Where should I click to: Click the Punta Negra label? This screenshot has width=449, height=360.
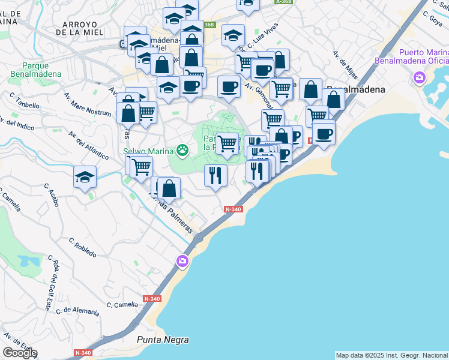pyautogui.click(x=163, y=340)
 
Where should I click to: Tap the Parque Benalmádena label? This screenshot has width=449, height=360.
pyautogui.click(x=35, y=70)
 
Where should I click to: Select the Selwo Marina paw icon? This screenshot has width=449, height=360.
pyautogui.click(x=182, y=150)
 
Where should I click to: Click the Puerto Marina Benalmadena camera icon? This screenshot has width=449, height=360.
pyautogui.click(x=419, y=78)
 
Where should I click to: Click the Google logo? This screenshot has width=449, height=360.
pyautogui.click(x=20, y=353)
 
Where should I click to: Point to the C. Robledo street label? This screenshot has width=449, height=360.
pyautogui.click(x=82, y=248)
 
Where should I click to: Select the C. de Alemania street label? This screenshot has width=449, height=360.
pyautogui.click(x=77, y=311)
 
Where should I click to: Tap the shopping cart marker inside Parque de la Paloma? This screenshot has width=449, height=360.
pyautogui.click(x=228, y=144)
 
